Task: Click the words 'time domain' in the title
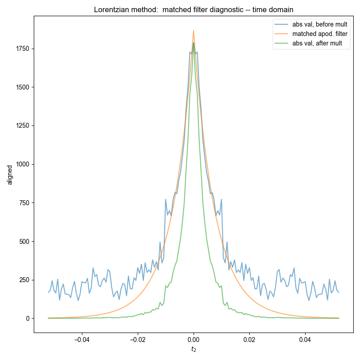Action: [272, 9]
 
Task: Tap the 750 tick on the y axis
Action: [24, 203]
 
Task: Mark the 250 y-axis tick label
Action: [24, 280]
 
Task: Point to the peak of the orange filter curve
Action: [193, 31]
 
